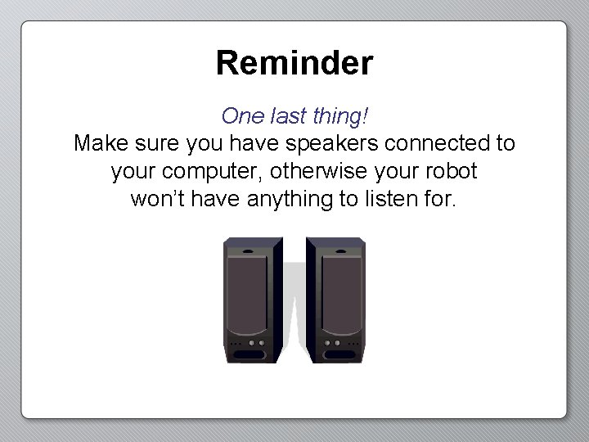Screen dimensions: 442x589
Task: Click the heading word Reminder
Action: point(294,63)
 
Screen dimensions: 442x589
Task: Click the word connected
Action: point(436,144)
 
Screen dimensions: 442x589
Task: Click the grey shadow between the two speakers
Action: point(294,311)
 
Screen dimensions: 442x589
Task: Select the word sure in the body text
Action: point(156,144)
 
